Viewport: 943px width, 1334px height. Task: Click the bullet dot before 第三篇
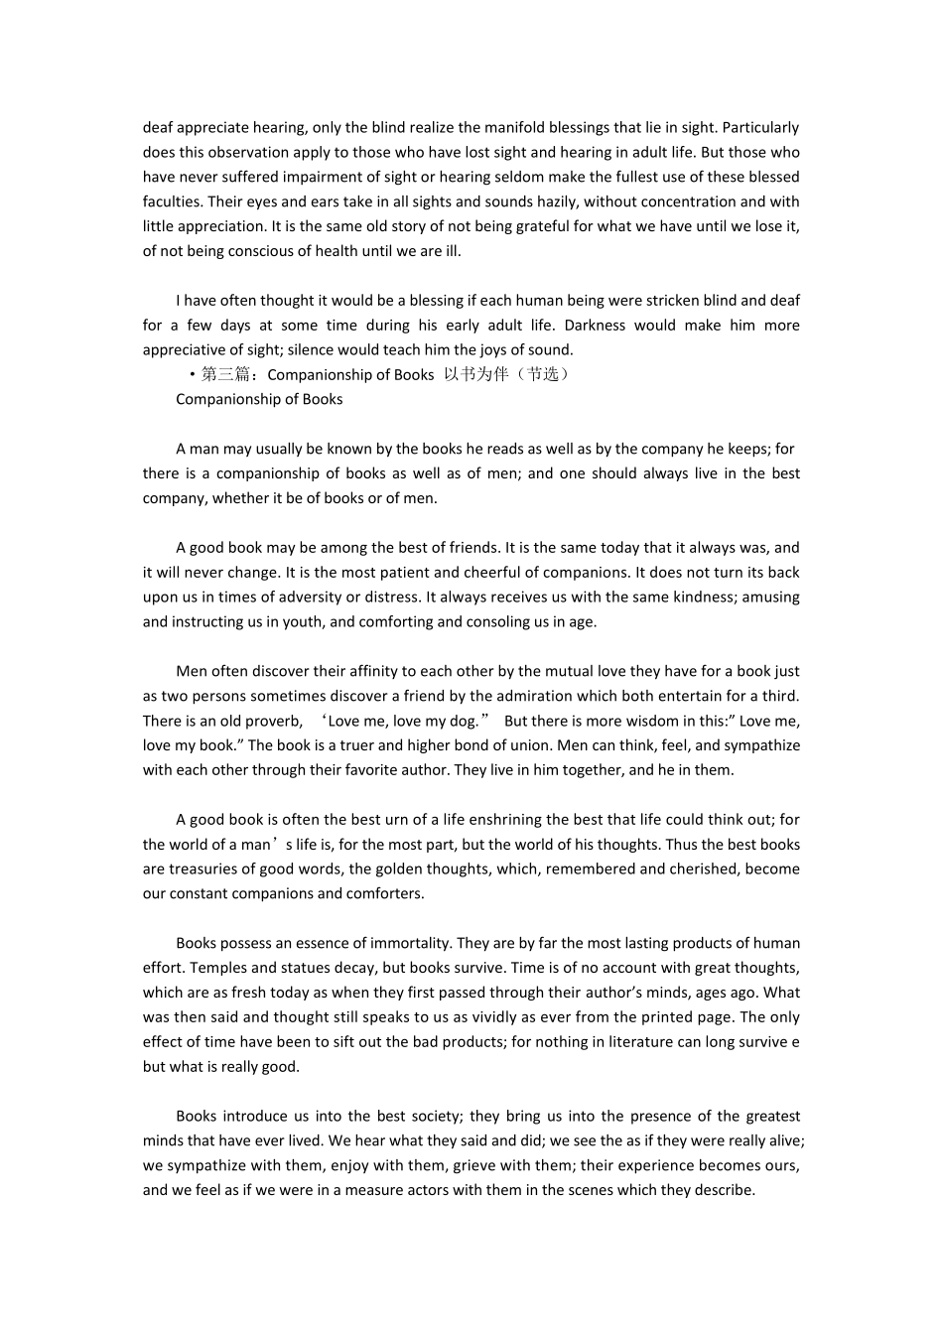tap(192, 375)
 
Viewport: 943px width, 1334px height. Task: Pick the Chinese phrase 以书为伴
tap(475, 374)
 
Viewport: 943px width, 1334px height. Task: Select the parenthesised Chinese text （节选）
tap(542, 374)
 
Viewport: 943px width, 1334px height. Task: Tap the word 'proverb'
tap(274, 721)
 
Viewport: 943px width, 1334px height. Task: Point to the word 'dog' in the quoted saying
tap(465, 721)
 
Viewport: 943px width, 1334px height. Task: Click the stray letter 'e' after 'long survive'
tap(795, 1042)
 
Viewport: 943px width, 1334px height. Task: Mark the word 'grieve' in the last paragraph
tap(506, 1165)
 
